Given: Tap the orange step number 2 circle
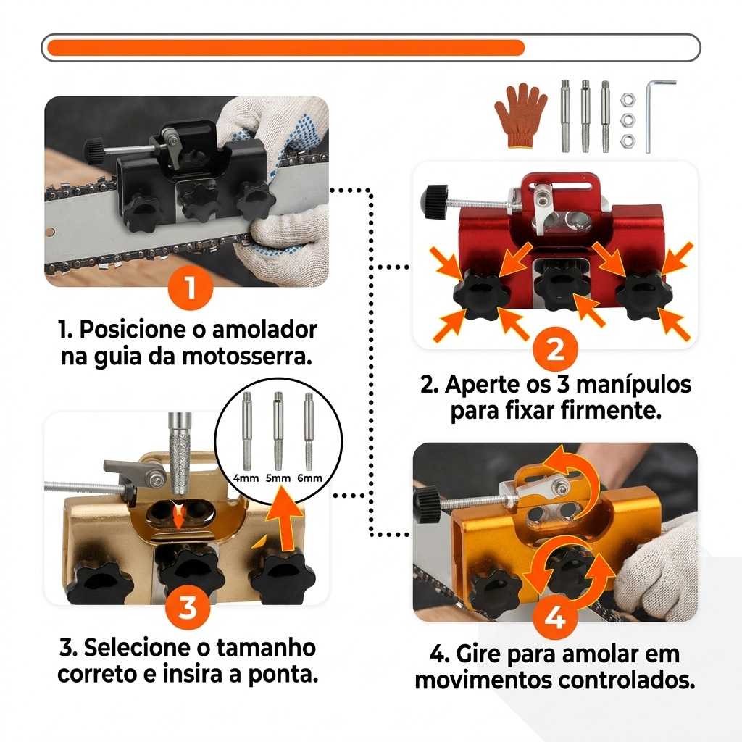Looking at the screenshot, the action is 556,349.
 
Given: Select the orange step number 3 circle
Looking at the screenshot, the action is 188,607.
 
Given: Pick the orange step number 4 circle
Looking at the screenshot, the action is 556,617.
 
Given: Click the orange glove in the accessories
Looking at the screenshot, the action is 520,116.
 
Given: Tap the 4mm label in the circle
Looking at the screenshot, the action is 246,478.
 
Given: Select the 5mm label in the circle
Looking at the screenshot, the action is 278,478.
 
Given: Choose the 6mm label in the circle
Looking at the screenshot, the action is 309,478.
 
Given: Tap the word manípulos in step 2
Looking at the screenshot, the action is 633,385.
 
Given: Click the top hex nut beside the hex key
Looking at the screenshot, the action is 628,100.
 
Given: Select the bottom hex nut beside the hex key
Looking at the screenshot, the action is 628,140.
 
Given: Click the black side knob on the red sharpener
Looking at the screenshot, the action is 435,201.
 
